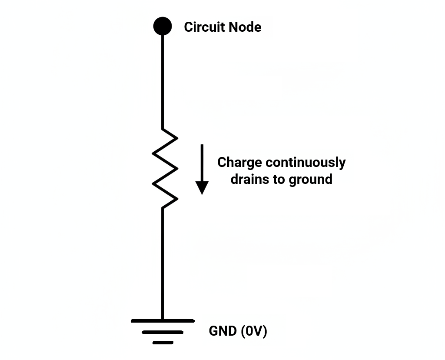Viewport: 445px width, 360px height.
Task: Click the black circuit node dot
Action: [x=163, y=26]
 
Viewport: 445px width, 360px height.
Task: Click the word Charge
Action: [x=239, y=163]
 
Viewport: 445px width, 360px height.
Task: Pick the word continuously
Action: [x=306, y=163]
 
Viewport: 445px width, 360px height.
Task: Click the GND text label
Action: [x=222, y=331]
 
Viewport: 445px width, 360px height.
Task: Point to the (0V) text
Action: [x=253, y=331]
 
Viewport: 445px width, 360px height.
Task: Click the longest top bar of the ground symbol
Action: [x=163, y=321]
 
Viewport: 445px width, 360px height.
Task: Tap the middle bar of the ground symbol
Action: [x=163, y=332]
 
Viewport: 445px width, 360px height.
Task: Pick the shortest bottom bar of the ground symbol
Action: [x=163, y=342]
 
